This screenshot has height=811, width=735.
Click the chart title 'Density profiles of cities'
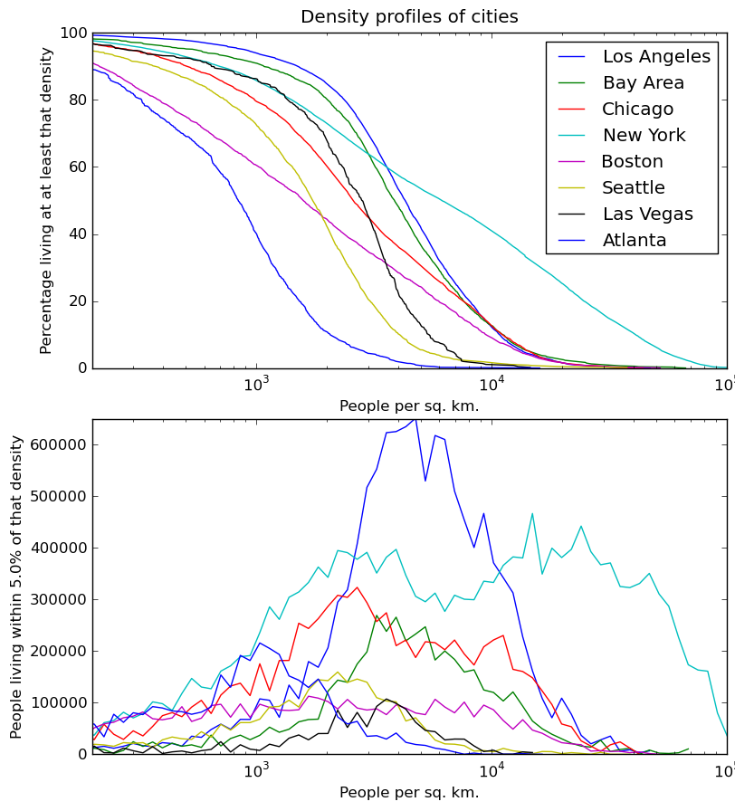(409, 17)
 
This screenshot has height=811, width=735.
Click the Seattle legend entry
(633, 188)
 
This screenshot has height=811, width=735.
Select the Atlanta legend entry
(634, 241)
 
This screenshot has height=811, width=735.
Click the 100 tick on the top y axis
(73, 34)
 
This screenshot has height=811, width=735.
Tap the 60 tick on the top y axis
(77, 167)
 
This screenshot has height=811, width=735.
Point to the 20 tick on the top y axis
(77, 301)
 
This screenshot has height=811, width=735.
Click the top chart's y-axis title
(47, 200)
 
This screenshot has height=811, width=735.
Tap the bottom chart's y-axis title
(17, 587)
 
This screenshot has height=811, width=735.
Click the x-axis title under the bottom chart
(409, 793)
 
